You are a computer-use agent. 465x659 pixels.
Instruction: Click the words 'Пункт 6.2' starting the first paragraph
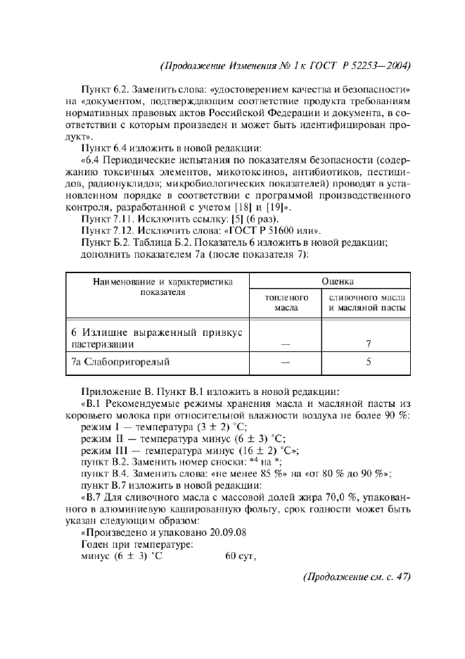coord(104,92)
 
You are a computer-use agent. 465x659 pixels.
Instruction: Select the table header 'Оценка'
coord(338,280)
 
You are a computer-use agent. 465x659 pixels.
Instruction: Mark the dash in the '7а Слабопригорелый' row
coord(286,363)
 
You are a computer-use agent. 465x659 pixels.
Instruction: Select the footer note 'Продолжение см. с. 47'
coord(355,577)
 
